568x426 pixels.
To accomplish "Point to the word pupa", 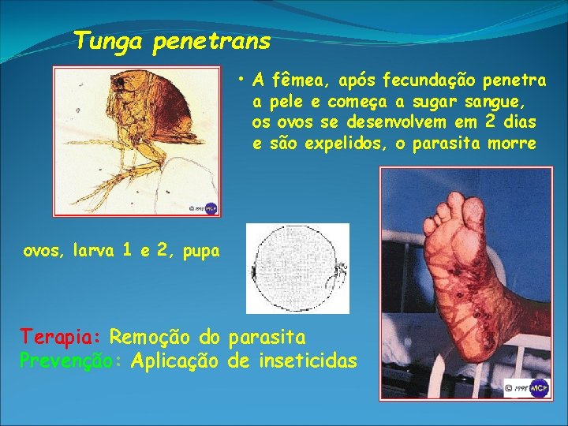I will point(199,252).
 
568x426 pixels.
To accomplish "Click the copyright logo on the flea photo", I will point(204,207).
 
